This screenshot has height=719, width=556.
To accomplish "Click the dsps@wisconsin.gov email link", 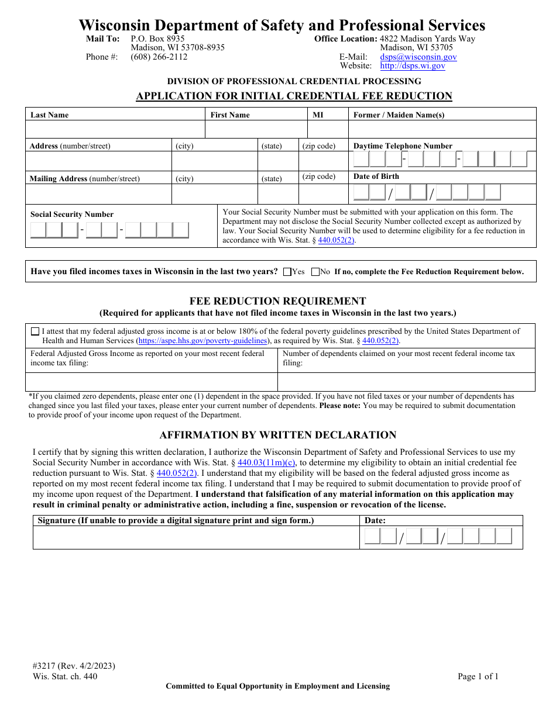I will point(418,57).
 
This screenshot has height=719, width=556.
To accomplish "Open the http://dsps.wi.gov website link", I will point(417,66).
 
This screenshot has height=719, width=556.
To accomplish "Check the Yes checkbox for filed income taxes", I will point(287,272).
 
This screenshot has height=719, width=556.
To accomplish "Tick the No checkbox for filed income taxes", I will point(315,272).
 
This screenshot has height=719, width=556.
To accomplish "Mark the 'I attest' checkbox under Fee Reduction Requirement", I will point(36,331).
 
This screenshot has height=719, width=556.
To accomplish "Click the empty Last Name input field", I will point(115,129).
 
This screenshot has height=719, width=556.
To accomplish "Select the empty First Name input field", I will point(256,129).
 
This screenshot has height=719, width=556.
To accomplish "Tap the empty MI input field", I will point(328,129).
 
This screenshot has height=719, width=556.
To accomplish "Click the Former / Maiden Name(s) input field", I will point(442,129).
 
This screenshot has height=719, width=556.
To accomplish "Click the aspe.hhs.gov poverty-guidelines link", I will point(203,341).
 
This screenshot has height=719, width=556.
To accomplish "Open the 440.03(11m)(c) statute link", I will point(266,463).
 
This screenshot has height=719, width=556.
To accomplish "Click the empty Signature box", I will point(196,537).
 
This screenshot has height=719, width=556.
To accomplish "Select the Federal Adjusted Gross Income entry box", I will point(152,382).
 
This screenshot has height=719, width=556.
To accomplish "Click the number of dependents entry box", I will point(406,382).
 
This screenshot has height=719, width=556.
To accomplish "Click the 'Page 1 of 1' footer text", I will point(478,677).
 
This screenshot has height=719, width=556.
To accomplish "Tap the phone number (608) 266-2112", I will point(159,57).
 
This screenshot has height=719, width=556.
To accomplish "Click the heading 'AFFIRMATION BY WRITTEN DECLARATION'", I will point(278,435).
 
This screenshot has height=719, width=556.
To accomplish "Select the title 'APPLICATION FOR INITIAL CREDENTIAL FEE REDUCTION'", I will point(294,96).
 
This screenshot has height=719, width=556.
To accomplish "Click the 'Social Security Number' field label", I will point(72,215).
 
